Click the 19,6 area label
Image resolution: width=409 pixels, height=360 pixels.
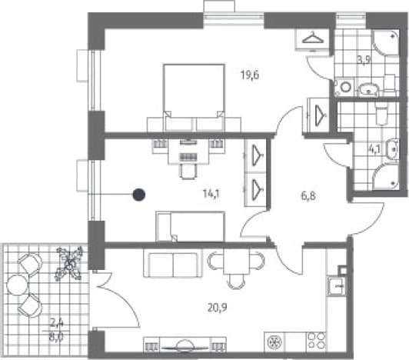[250, 75]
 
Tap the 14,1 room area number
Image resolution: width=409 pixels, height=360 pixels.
[211, 194]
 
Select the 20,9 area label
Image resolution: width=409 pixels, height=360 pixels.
[218, 308]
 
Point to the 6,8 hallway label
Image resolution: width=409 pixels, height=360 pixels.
[308, 195]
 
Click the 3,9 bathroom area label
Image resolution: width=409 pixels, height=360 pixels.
[364, 60]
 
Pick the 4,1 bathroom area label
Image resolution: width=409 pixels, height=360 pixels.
[374, 149]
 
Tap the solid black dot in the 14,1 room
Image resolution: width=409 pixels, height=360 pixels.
[139, 195]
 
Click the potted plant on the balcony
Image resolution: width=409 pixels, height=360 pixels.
[68, 263]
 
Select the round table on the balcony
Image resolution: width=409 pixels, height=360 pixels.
[17, 285]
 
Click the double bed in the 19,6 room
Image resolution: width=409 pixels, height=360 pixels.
[194, 98]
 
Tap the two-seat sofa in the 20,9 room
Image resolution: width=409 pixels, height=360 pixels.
[173, 265]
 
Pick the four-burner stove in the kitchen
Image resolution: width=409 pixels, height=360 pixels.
[317, 341]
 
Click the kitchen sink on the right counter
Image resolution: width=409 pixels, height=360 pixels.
[337, 287]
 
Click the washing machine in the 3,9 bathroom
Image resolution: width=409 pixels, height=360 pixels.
[345, 86]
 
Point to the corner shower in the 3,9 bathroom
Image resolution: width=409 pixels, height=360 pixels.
[385, 42]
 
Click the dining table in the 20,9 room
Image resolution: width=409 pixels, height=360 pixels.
[236, 262]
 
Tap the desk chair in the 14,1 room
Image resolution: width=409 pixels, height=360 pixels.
[188, 172]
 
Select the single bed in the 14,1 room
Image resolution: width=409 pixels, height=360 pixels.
[190, 226]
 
